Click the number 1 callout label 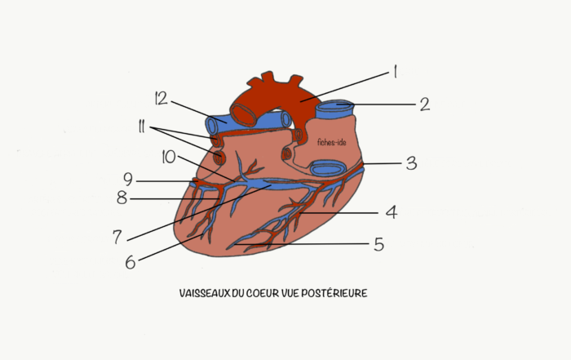[x=395, y=72]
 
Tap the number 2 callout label [x=425, y=104]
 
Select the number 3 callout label [x=411, y=163]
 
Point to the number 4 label [x=392, y=211]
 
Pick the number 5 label [x=379, y=244]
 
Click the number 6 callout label [x=131, y=262]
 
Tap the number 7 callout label [x=117, y=237]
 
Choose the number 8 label [x=122, y=198]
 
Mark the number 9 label [x=128, y=180]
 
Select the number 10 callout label [x=169, y=157]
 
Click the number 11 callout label [x=141, y=127]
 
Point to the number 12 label [x=161, y=99]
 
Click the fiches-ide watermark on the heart [x=332, y=142]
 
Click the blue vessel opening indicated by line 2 [x=334, y=105]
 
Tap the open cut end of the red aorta [x=244, y=115]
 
